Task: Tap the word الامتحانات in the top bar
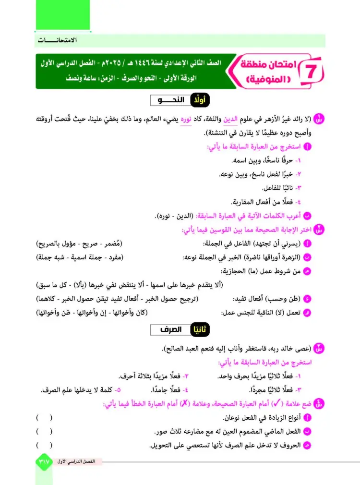58,40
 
